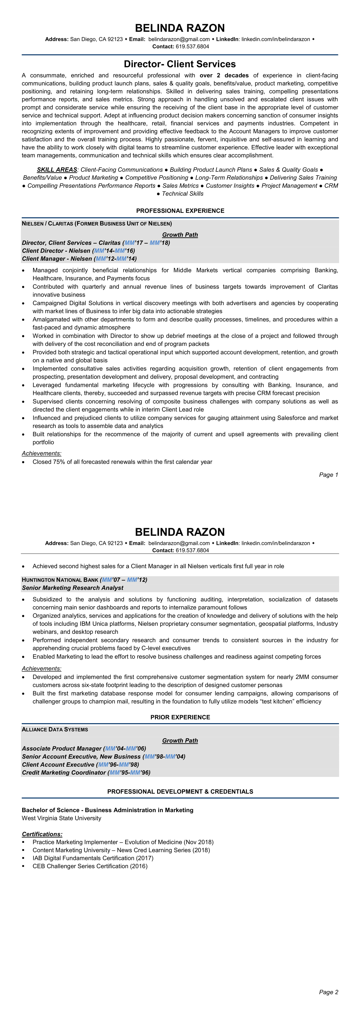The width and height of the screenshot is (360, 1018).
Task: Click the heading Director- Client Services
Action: (x=180, y=64)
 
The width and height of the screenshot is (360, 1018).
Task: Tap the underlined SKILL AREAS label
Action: (x=57, y=170)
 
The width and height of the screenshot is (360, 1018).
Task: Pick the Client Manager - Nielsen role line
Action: (x=79, y=259)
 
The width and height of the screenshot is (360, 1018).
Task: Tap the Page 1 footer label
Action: (x=328, y=475)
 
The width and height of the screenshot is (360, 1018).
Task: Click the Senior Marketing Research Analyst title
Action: (x=73, y=588)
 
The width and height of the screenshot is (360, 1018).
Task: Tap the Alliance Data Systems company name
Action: (x=55, y=729)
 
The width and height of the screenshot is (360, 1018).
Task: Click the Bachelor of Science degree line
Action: (x=108, y=810)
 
